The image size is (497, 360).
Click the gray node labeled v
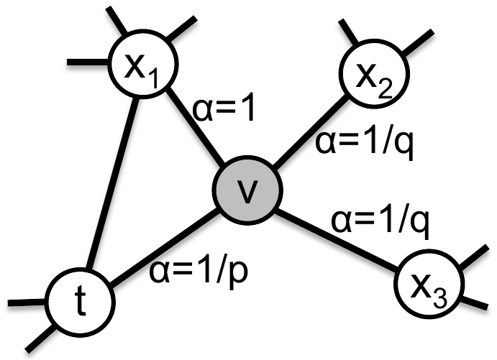pos(247,190)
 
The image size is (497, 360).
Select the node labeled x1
pos(143,63)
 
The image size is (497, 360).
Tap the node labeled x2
pos(374,74)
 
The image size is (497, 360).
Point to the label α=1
pos(224,109)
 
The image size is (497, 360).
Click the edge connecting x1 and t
pos(112,183)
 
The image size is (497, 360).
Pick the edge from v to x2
pos(310,131)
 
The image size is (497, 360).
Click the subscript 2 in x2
pos(385,88)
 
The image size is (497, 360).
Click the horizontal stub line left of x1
pos(88,62)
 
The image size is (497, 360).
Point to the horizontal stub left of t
pos(27,303)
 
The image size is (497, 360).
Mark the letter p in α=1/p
pos(238,274)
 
